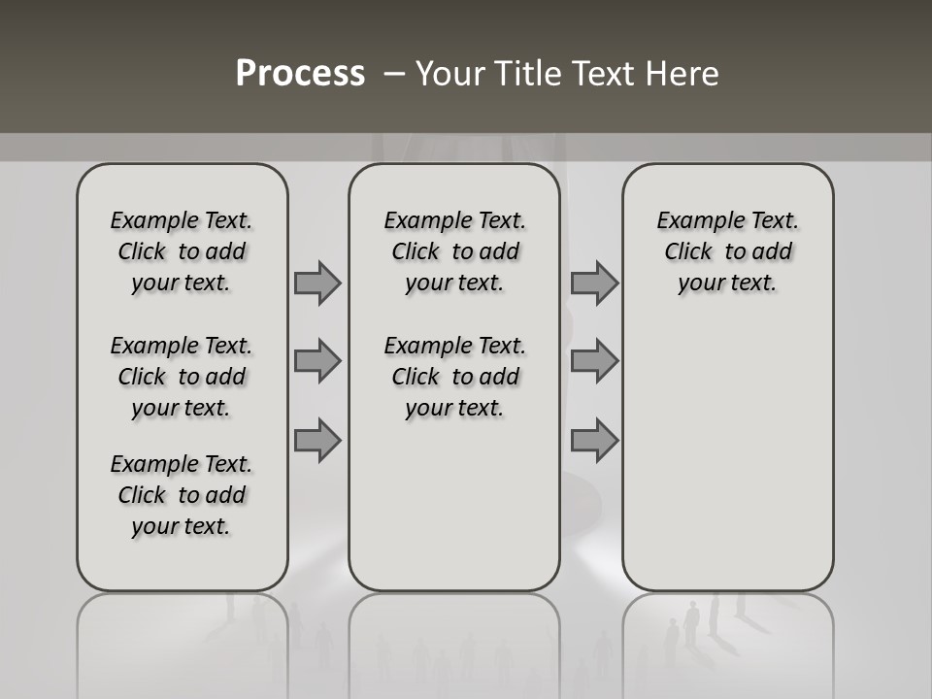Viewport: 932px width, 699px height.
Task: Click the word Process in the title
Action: point(300,73)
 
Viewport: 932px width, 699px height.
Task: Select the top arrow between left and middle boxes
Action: point(317,283)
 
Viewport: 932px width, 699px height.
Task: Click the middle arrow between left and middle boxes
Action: point(317,361)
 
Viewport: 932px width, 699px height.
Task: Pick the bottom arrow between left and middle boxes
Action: point(317,440)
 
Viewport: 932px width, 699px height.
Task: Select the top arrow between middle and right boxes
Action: point(594,283)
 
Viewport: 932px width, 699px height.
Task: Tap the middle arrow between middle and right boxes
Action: point(594,361)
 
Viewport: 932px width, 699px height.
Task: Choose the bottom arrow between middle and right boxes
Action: point(594,440)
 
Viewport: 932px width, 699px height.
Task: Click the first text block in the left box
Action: point(182,251)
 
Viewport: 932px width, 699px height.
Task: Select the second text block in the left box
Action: point(182,377)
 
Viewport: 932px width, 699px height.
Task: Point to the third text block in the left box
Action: point(182,495)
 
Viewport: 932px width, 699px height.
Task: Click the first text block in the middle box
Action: point(455,251)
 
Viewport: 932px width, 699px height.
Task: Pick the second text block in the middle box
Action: point(455,377)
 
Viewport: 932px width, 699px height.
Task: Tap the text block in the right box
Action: point(728,251)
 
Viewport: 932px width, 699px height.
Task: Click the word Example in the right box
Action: point(697,220)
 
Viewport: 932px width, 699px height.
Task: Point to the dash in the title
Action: point(394,74)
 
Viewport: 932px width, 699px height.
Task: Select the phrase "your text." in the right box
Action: point(727,283)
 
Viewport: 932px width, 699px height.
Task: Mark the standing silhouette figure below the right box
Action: point(691,621)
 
